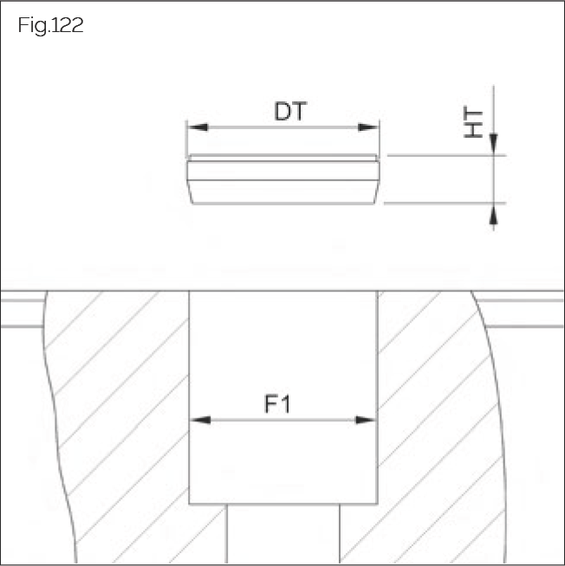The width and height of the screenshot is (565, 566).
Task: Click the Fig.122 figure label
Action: [50, 25]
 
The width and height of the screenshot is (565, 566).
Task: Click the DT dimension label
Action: [291, 111]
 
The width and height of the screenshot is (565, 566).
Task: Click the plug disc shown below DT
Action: [283, 180]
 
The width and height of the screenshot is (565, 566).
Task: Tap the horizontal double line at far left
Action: [22, 313]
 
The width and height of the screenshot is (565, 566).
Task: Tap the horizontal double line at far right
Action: [529, 313]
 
